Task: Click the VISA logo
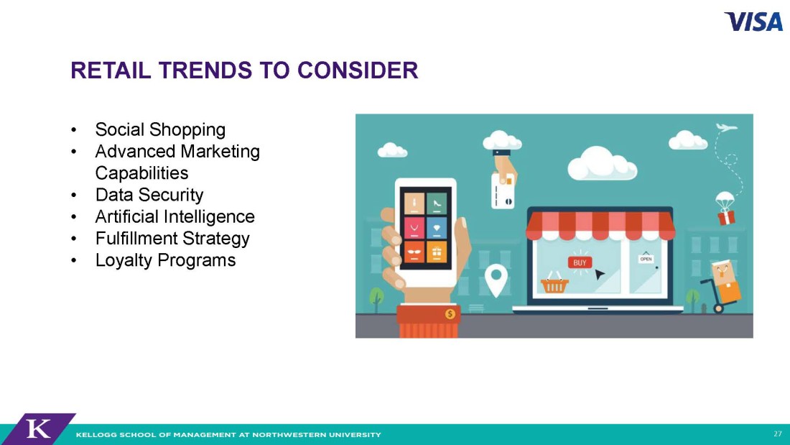click(x=753, y=22)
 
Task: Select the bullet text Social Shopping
click(x=160, y=129)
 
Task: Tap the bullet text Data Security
click(x=149, y=195)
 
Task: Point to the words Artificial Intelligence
click(x=175, y=216)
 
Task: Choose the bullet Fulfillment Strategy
click(x=172, y=238)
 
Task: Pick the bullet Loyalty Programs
click(x=165, y=260)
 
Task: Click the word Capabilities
click(x=141, y=173)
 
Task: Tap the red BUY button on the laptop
click(x=580, y=262)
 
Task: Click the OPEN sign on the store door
click(x=646, y=259)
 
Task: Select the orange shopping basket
click(x=554, y=283)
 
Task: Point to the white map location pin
click(x=496, y=281)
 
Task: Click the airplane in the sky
click(x=726, y=127)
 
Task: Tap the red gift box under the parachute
click(x=726, y=218)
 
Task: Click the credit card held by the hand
click(x=503, y=191)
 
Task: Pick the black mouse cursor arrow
click(x=600, y=275)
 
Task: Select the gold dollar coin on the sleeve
click(x=450, y=314)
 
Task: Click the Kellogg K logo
click(x=38, y=429)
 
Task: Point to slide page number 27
click(x=777, y=434)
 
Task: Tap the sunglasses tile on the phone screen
click(x=414, y=252)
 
